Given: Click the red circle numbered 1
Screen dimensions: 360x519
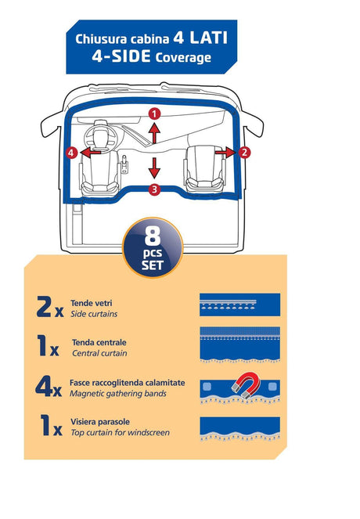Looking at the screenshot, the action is click(x=154, y=114).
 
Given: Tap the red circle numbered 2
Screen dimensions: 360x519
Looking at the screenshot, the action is click(x=244, y=153).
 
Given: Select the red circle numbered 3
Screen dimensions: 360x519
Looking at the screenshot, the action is click(x=154, y=189).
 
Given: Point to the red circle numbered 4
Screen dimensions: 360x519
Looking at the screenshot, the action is click(x=71, y=153).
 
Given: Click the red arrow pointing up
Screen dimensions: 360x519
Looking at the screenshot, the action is click(x=154, y=132).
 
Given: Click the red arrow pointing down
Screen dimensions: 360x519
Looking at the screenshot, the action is click(x=154, y=168).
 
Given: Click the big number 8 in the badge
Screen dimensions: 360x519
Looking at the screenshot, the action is click(x=152, y=236).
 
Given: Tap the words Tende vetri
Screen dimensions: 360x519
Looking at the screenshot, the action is click(x=92, y=303).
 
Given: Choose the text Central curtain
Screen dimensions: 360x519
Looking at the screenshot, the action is click(x=99, y=353).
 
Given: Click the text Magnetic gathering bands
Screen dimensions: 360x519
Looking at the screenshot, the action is click(x=118, y=394).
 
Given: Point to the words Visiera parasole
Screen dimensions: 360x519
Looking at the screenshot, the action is click(x=100, y=422).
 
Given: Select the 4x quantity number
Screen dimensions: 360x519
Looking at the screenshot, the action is click(x=49, y=386).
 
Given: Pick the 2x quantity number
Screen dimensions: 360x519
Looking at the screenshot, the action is click(x=50, y=307).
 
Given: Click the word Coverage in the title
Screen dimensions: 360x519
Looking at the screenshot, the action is click(x=183, y=58).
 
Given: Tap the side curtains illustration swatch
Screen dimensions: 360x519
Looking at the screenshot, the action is click(x=240, y=305).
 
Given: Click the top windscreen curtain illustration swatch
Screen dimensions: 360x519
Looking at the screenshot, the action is click(x=240, y=429).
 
